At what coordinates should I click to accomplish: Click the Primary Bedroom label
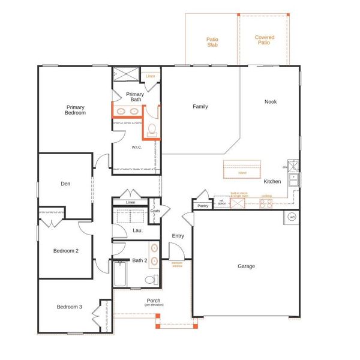point(76,110)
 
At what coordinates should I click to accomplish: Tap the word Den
point(66,184)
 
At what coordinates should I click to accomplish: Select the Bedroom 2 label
point(66,251)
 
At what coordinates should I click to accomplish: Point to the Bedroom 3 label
point(70,307)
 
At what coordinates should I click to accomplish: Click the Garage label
point(246,266)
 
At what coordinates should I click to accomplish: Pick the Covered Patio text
point(265,40)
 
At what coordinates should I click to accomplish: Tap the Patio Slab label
point(212,41)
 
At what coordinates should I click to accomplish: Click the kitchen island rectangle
point(242,169)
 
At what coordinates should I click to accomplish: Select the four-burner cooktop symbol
point(266,204)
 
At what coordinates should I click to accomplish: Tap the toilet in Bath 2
point(152,280)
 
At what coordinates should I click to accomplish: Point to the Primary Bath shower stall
point(127,74)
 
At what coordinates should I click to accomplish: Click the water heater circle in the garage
point(292,217)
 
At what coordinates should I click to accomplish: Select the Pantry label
point(202,206)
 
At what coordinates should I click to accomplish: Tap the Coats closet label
point(155,211)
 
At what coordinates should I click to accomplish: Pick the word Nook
point(271,101)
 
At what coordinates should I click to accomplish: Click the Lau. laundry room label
point(137,230)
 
